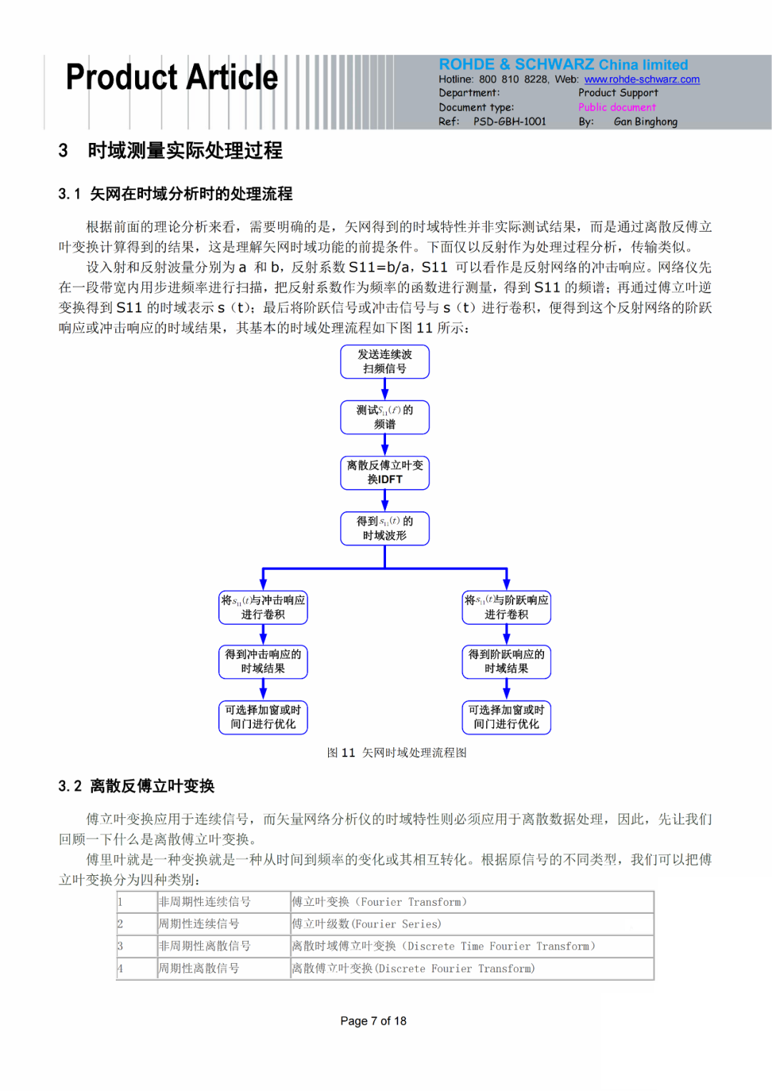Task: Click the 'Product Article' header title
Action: point(172,77)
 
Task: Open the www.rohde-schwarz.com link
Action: point(641,79)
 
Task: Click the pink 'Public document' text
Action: point(617,107)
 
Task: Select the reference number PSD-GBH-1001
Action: point(509,122)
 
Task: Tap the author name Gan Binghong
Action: point(645,122)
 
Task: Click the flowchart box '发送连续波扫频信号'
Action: point(385,362)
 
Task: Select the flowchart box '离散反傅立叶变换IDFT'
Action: point(385,473)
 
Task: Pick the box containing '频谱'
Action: point(385,418)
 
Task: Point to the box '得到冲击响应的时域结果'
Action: point(263,661)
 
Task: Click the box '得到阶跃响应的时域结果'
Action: point(506,661)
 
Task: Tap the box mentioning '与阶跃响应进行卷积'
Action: point(506,607)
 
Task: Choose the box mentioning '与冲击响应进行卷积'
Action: point(263,607)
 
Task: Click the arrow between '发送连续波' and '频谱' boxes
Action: point(385,390)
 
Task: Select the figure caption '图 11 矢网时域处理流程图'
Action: point(397,753)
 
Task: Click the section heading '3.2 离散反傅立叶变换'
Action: point(137,786)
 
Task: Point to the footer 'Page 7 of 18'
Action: point(373,1021)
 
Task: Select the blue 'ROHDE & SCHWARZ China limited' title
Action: point(563,64)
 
